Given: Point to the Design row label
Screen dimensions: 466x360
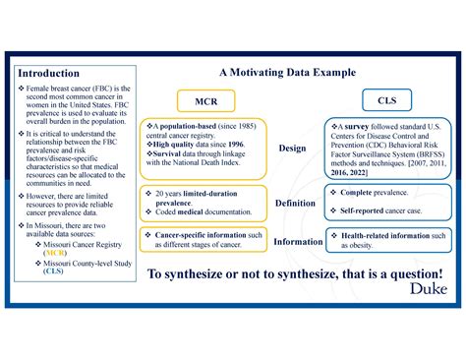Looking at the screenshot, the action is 292,148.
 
